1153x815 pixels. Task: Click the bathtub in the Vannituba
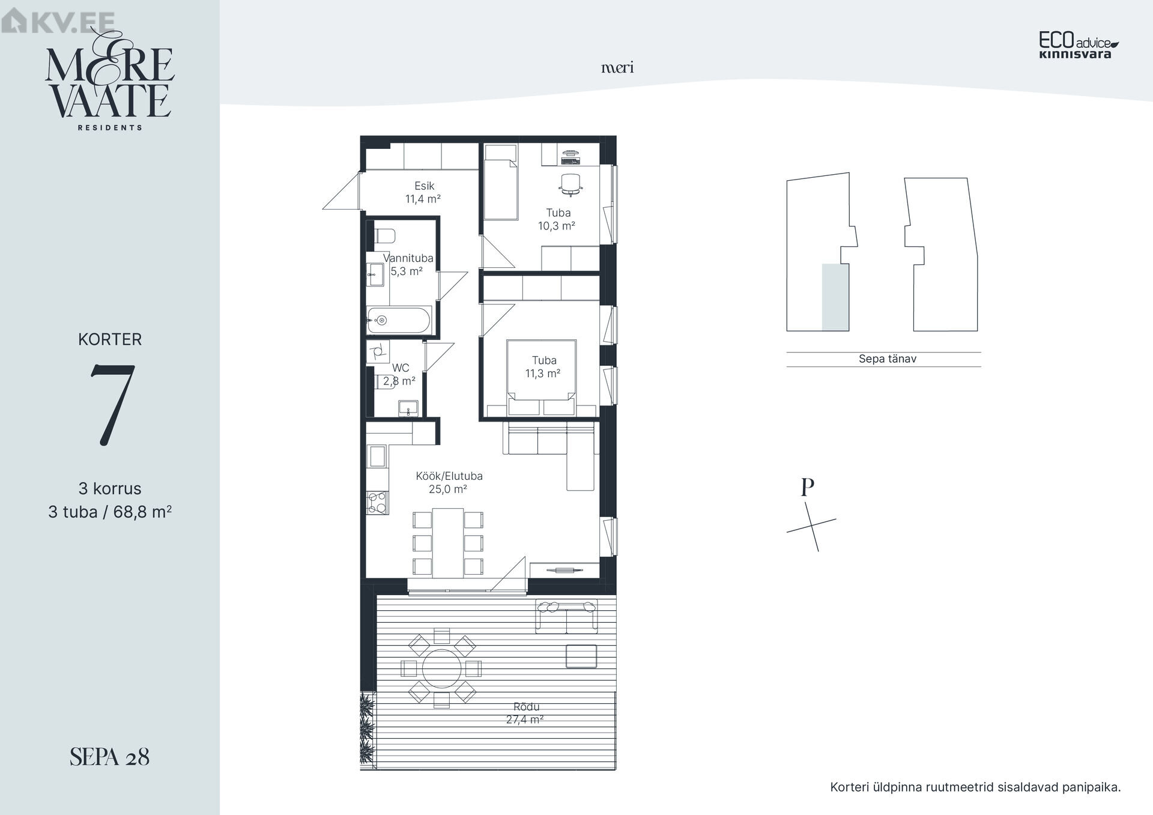tap(399, 320)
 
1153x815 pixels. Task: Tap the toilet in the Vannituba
tap(384, 235)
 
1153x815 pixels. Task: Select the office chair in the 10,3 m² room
tap(570, 184)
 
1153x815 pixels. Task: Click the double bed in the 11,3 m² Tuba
tap(542, 378)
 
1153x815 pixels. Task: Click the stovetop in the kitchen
tap(378, 503)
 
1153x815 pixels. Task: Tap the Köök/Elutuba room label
tap(449, 476)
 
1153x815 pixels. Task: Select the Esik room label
tap(424, 186)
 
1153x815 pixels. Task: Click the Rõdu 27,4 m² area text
tap(525, 714)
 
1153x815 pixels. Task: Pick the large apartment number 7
tap(112, 405)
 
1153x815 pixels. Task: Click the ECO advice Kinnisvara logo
tap(1079, 46)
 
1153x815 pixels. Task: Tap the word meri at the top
tap(617, 68)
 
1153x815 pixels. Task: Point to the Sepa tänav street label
tap(888, 359)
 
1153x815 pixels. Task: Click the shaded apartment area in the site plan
tap(835, 297)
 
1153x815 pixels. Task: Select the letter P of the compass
tap(808, 487)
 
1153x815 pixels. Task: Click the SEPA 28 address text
tap(109, 757)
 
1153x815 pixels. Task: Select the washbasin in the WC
tap(409, 408)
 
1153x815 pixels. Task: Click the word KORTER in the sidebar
tap(110, 339)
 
